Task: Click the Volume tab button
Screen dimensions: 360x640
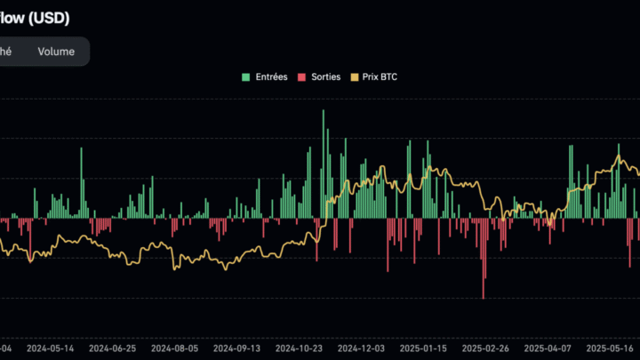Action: coord(56,52)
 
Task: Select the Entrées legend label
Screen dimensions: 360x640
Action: coord(270,77)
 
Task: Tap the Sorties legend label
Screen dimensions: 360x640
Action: coord(325,77)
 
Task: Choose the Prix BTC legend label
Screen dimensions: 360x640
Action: coord(380,77)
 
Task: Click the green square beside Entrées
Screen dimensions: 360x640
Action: coord(246,77)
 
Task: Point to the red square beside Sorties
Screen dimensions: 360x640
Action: coord(301,77)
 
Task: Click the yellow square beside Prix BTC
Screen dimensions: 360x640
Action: coord(355,77)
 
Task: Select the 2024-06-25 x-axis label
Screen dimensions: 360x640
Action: coord(113,349)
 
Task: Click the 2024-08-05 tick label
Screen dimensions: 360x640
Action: coord(175,349)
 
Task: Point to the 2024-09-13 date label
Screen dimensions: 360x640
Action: coord(237,349)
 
